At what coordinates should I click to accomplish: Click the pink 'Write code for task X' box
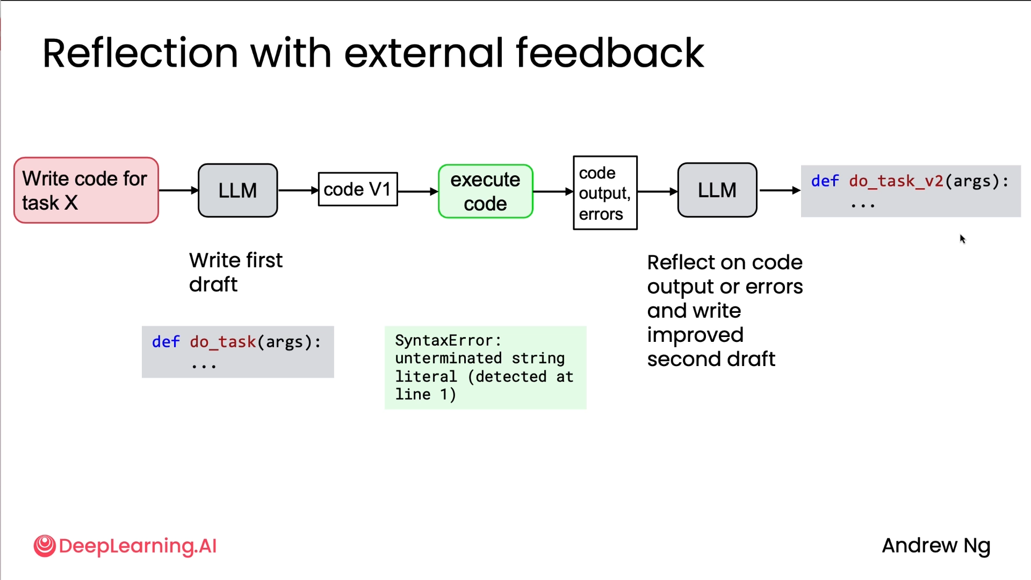86,190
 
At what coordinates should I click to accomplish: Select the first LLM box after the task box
237,190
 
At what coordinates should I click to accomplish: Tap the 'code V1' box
357,189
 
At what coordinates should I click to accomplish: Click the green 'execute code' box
485,191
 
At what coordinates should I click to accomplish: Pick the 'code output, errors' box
605,193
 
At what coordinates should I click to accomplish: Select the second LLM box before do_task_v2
717,190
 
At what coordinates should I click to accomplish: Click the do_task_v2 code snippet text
910,182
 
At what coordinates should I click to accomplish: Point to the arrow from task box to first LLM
178,190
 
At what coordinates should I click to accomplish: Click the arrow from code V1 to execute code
417,191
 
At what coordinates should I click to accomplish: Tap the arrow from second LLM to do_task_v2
779,190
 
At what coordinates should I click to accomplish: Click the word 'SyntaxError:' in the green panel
448,341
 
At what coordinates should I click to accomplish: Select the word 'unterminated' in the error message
448,359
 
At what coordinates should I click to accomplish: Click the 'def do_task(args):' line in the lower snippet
236,342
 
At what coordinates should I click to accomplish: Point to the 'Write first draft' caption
235,272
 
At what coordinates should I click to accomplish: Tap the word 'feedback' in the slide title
609,53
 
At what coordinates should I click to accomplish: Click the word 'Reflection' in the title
140,53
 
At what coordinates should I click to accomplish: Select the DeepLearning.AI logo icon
45,546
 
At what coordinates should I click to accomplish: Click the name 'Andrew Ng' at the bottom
935,546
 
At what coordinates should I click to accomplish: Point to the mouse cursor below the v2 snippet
962,239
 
